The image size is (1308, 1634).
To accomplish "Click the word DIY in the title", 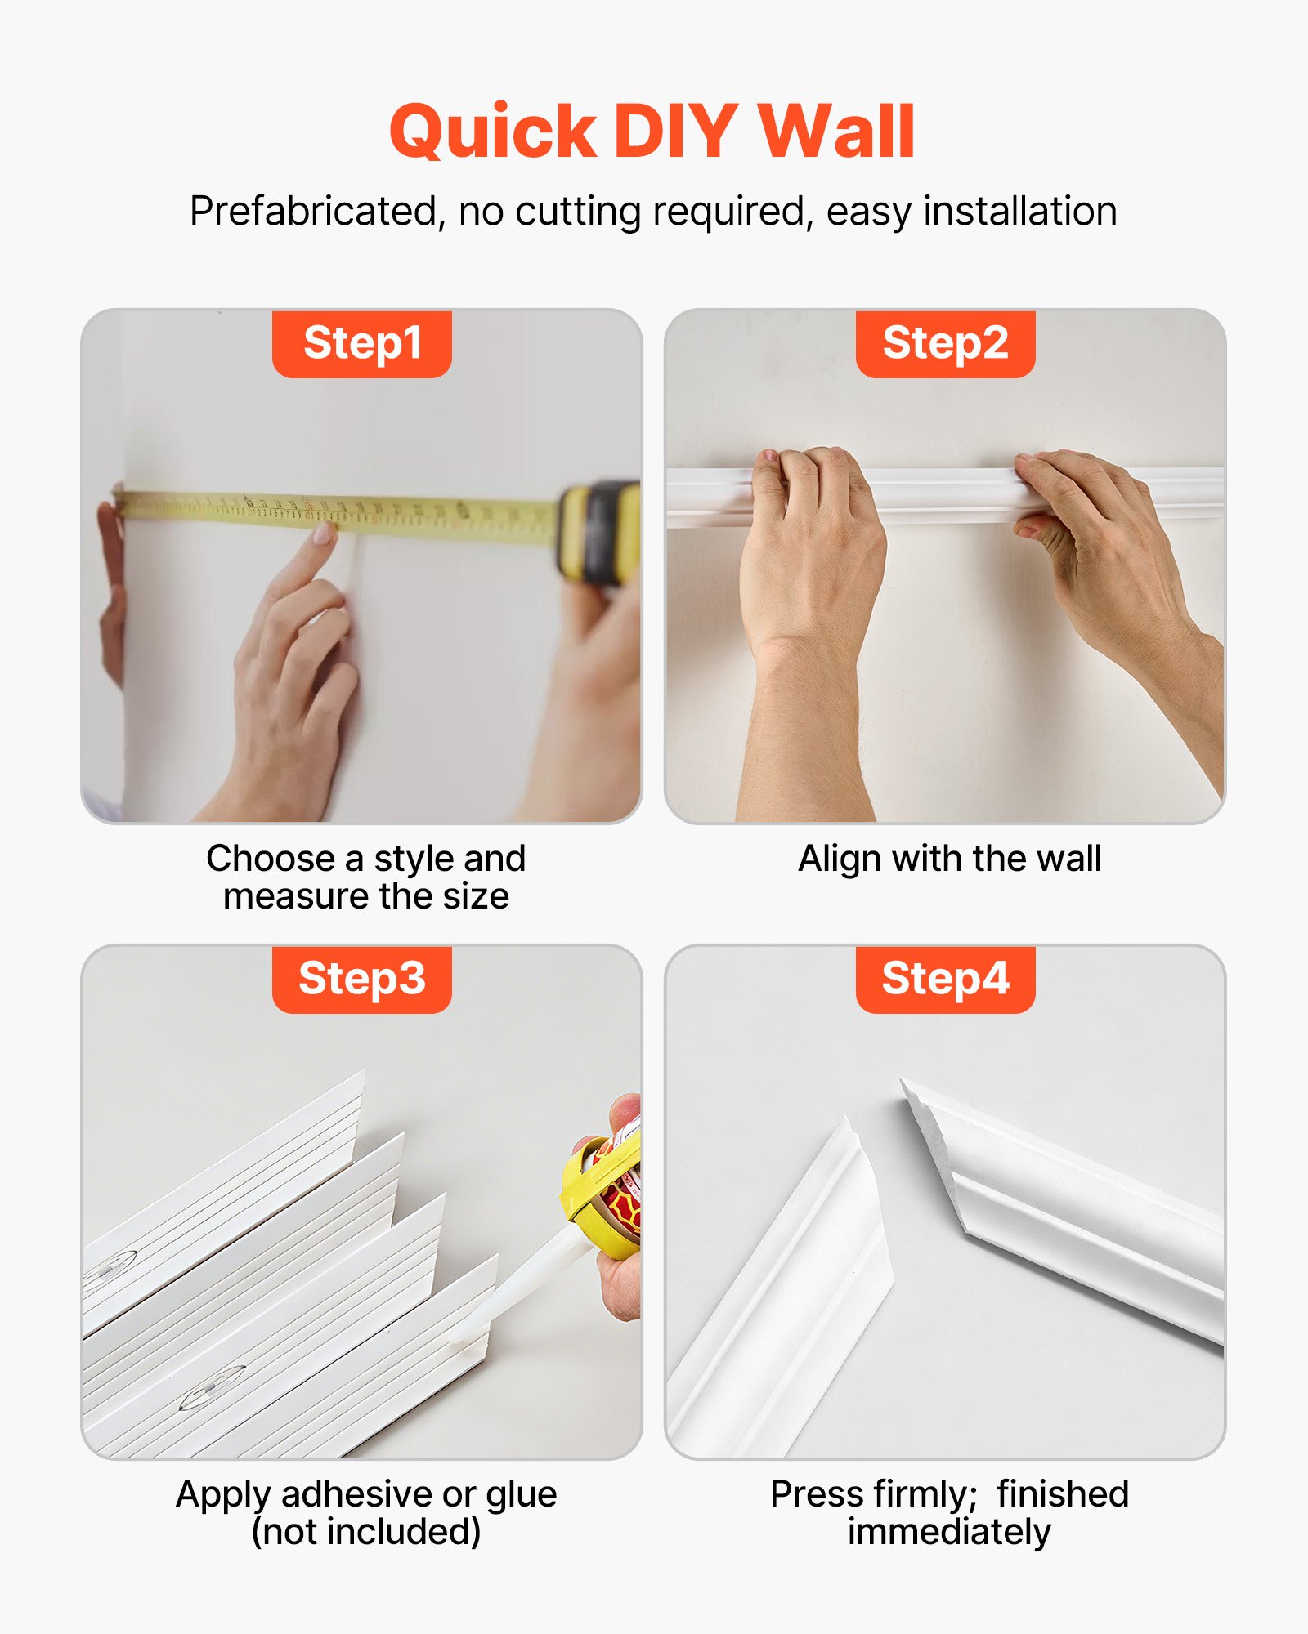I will click(x=675, y=132).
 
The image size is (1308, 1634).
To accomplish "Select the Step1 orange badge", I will click(x=362, y=343).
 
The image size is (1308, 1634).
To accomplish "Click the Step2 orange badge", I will click(x=945, y=343).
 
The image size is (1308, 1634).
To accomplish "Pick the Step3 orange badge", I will click(x=362, y=979).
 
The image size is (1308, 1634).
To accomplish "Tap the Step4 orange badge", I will click(x=945, y=979).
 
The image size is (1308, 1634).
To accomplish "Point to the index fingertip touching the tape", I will click(x=322, y=535).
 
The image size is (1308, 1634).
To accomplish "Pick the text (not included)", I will click(x=366, y=1532).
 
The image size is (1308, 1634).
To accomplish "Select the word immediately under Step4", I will click(x=948, y=1532).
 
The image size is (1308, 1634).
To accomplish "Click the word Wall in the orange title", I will click(x=835, y=132).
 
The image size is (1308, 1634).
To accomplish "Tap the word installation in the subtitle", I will click(x=1019, y=212).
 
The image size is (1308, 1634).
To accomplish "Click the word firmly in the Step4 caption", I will click(x=923, y=1495).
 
